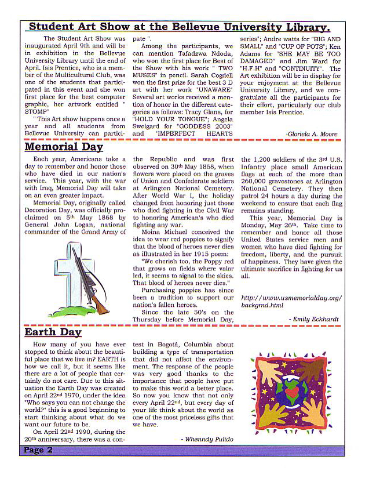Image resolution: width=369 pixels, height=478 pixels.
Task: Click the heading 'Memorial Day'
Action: point(64,147)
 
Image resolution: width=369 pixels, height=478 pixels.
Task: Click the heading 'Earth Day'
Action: point(53,332)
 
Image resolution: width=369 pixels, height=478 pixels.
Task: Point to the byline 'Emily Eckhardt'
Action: point(317,318)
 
